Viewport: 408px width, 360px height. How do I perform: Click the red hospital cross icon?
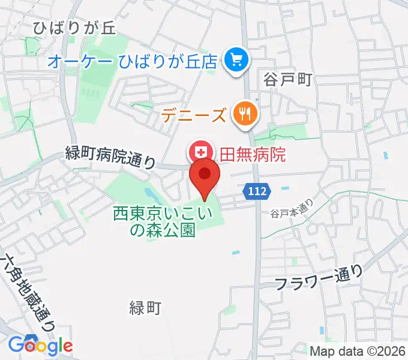coord(199,151)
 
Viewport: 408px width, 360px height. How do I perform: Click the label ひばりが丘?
coord(74,28)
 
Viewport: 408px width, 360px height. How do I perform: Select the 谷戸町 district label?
coord(288,79)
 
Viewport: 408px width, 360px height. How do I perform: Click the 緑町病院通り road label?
coord(110,158)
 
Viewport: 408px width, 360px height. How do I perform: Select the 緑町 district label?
coord(145,308)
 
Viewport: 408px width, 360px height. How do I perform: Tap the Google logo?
coord(41,345)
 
